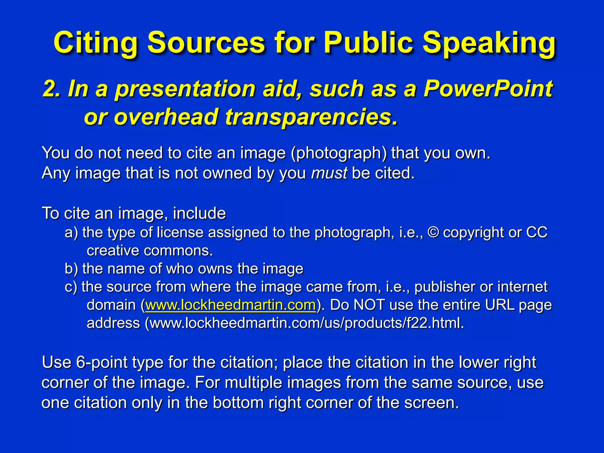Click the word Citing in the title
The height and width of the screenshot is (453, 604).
tap(95, 43)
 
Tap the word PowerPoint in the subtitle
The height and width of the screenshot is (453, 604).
tap(488, 89)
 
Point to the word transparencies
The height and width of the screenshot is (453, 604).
tap(311, 117)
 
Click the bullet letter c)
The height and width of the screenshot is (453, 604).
tap(71, 287)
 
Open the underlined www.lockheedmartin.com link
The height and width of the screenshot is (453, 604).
tap(231, 305)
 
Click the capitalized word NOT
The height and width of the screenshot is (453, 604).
tap(369, 305)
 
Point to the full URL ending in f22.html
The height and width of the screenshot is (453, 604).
tap(307, 323)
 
